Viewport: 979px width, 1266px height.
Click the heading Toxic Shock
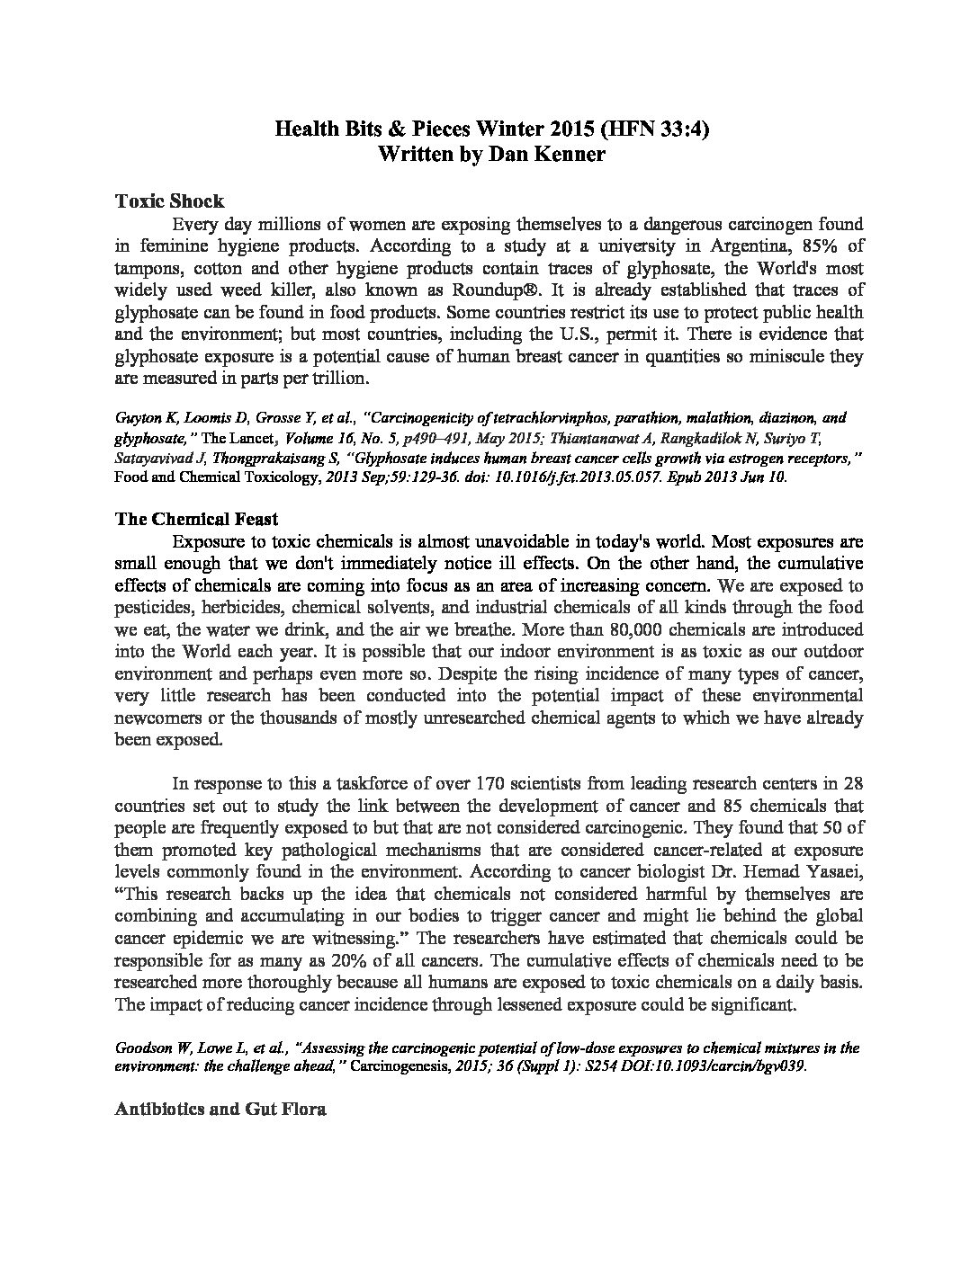pos(170,201)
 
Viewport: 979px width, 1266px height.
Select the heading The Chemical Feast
pos(197,519)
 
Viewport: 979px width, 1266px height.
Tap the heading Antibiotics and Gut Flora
pos(220,1109)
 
